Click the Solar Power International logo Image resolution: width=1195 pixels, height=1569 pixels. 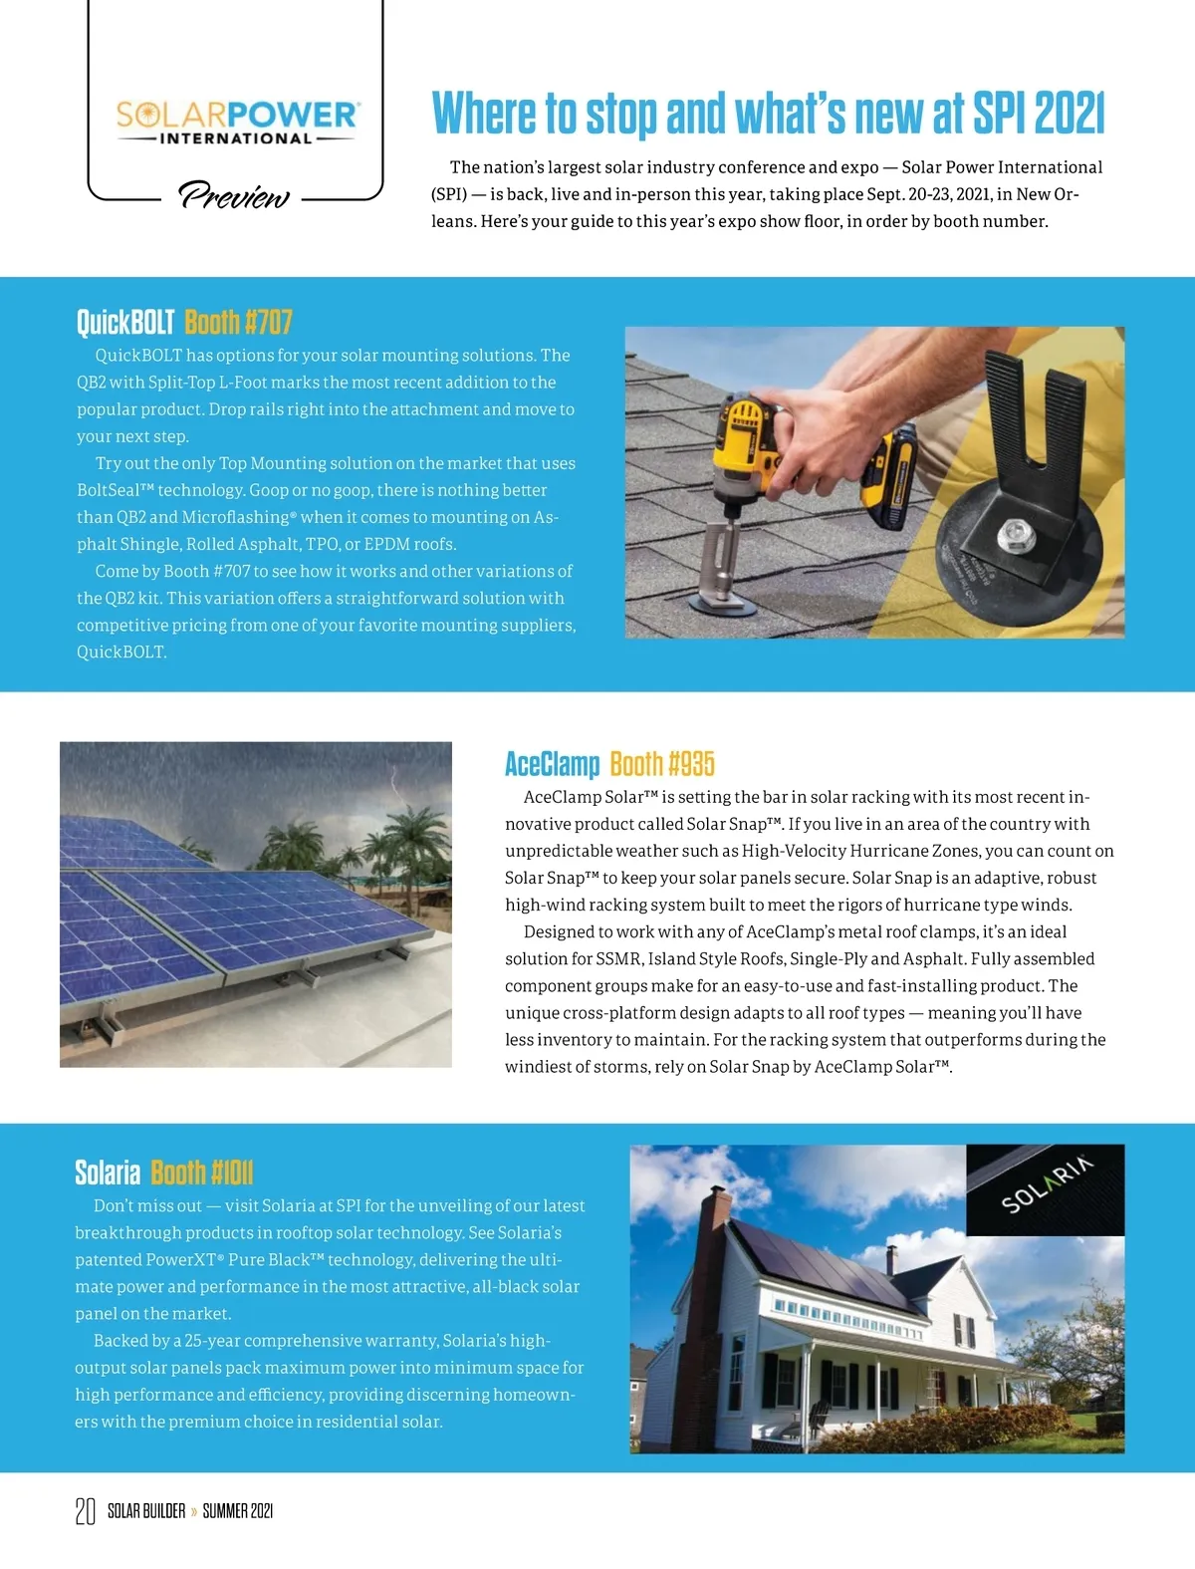point(236,122)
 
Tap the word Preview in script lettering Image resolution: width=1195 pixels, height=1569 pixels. point(234,195)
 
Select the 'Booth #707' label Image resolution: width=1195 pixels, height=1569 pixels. point(238,323)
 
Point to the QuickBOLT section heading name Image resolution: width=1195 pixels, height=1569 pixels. point(125,323)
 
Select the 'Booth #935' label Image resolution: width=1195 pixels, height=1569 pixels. point(662,764)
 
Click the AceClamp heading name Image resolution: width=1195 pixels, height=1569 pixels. point(552,764)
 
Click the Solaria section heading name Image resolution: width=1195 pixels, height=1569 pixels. point(108,1173)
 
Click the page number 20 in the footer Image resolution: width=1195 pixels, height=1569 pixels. point(86,1511)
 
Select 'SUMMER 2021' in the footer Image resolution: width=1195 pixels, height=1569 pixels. point(237,1511)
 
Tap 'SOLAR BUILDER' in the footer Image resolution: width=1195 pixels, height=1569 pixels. point(146,1511)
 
